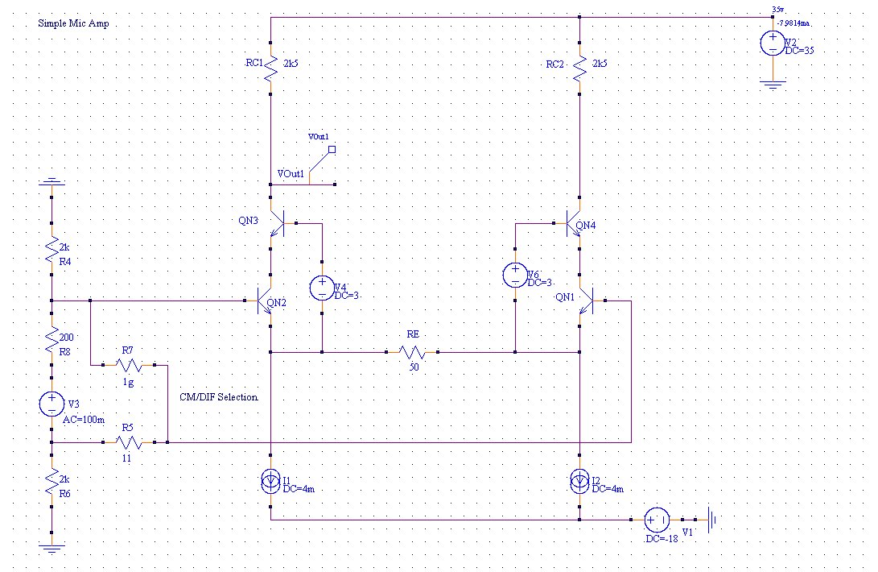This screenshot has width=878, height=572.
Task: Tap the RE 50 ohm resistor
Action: (413, 352)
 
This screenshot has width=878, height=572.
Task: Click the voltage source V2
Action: (771, 44)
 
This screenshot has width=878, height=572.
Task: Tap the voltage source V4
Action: (321, 288)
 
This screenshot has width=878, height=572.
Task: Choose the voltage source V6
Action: (515, 276)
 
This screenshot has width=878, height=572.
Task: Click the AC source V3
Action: (51, 403)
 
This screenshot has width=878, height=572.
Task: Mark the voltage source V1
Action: (656, 520)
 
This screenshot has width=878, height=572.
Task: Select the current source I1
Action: (271, 482)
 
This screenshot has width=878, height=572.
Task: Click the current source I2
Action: (579, 482)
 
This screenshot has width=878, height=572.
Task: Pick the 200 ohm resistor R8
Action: (51, 338)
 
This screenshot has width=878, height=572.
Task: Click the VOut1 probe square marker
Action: (331, 149)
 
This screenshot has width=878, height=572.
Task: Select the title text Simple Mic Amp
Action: (73, 23)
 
